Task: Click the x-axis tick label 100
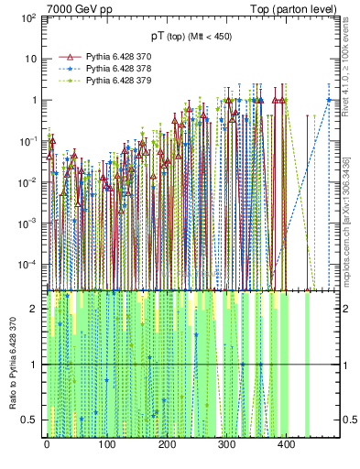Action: pyautogui.click(x=106, y=444)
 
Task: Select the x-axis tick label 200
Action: pyautogui.click(x=167, y=444)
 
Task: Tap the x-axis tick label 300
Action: pyautogui.click(x=226, y=444)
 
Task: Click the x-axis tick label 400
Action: pyautogui.click(x=286, y=444)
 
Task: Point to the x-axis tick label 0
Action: pyautogui.click(x=47, y=444)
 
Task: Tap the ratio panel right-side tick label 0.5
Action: pyautogui.click(x=349, y=420)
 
